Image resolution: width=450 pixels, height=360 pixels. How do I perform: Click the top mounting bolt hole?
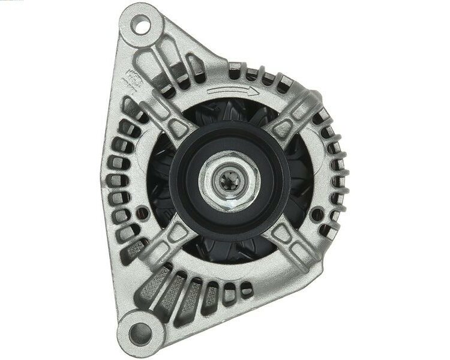coord(142,26)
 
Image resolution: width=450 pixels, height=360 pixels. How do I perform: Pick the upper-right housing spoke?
coord(294,123)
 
